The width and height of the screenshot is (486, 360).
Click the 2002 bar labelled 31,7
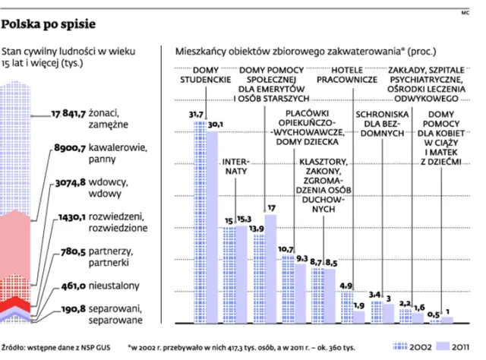[x=197, y=220]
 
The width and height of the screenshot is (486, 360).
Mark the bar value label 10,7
[x=286, y=249]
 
